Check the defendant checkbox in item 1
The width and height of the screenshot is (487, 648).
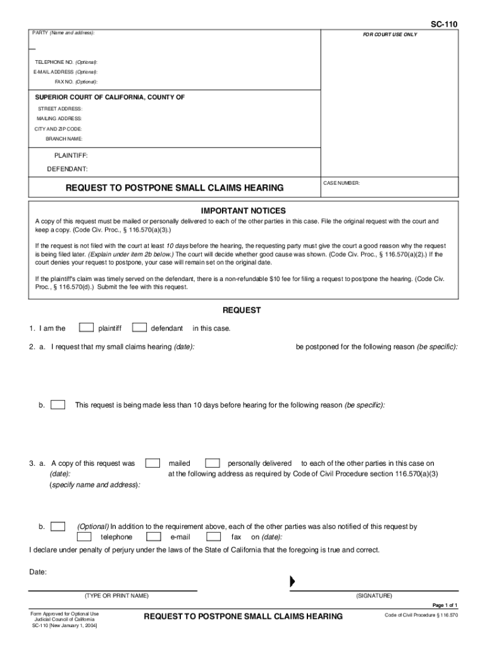[x=140, y=328]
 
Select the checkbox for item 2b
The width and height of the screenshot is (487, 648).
[x=58, y=404]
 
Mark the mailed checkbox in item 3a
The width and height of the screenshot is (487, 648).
[x=152, y=463]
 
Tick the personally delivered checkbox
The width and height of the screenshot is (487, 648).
[x=213, y=463]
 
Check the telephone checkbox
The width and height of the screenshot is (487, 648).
[x=83, y=537]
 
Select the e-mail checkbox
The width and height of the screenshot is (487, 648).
[x=152, y=537]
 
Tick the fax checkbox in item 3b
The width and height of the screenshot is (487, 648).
[x=213, y=537]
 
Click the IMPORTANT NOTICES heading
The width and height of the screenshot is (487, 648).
[x=244, y=211]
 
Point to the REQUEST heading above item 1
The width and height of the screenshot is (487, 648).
[x=242, y=310]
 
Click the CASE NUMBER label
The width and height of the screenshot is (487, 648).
[x=342, y=184]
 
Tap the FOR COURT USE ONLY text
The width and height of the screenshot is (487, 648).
[x=390, y=34]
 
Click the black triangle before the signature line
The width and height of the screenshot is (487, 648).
[x=292, y=582]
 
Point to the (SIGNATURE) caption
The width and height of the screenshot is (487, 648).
[x=374, y=595]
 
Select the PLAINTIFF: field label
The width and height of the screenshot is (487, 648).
[x=71, y=155]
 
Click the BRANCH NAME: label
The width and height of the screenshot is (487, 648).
[x=63, y=139]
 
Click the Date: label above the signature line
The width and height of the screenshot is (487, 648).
[x=38, y=572]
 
